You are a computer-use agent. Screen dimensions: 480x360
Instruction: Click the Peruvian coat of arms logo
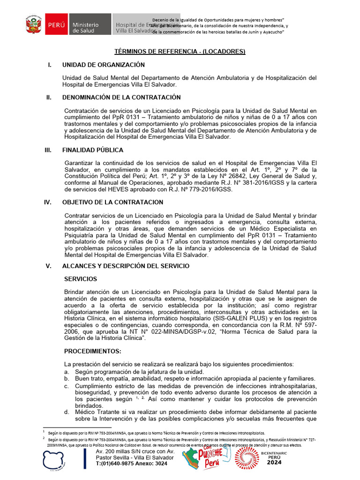point(33,24)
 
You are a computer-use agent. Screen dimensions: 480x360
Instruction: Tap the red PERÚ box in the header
point(55,24)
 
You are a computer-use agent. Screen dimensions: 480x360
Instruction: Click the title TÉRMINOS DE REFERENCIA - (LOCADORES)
point(180,52)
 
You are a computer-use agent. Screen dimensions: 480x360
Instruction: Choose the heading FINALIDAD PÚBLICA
point(93,150)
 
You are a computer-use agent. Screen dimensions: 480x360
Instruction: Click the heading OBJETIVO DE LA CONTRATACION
point(113,202)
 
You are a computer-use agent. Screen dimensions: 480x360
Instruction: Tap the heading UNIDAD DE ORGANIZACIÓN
point(104,65)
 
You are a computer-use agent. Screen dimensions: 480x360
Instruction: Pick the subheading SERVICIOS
point(81,279)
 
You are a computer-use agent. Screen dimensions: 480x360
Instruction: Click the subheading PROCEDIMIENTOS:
point(93,352)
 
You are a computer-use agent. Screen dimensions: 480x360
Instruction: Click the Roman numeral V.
point(48,266)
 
